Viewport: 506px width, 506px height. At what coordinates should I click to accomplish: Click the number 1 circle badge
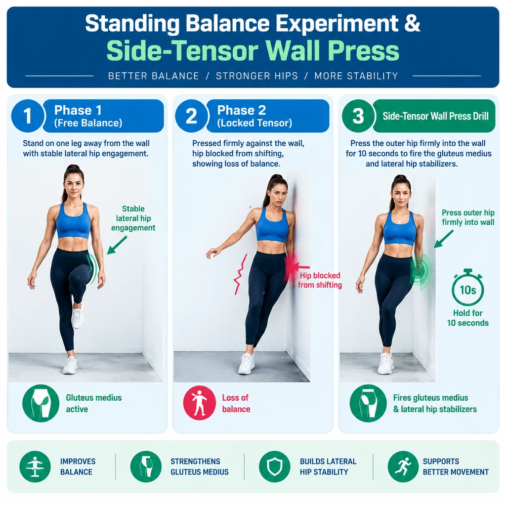28,116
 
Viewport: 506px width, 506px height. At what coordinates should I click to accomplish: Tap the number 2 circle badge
191,116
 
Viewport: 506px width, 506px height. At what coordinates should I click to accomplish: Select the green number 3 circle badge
358,116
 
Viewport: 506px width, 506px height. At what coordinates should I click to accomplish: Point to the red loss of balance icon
200,403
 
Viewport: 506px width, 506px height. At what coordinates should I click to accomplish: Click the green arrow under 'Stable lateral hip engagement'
117,245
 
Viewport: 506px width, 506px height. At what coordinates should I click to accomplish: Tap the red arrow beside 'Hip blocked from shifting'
299,267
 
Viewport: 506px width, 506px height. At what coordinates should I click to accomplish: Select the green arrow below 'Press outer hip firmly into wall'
444,239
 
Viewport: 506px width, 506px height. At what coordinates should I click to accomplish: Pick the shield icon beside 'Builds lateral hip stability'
275,466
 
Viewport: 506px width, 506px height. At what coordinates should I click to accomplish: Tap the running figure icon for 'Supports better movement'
403,466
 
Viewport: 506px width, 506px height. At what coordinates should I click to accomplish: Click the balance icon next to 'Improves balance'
35,466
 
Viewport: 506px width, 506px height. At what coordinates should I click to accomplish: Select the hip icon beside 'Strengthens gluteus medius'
146,466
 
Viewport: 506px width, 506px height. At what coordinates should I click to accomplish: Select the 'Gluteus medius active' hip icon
41,403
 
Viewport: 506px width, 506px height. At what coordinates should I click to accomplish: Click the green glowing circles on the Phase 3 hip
421,270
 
